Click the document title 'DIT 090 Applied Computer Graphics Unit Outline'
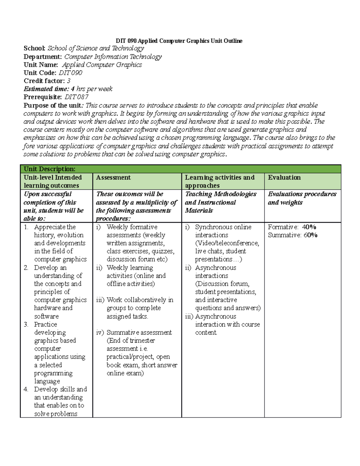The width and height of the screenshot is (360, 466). pos(179,41)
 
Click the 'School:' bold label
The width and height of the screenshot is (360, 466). pos(34,48)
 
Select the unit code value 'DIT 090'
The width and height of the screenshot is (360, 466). pos(70,73)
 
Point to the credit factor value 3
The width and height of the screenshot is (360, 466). pos(69,81)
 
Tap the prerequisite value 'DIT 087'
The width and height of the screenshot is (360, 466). pos(76,97)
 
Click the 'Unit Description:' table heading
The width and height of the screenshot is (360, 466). pos(49,169)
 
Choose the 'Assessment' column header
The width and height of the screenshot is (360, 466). pos(113,177)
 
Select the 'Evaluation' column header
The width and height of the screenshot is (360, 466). pos(284,177)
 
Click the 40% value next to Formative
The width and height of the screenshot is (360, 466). pos(309,227)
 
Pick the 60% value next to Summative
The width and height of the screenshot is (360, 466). pos(310,235)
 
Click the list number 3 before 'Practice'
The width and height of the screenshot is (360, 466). pos(26,324)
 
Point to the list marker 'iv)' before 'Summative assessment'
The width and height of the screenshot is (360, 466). pos(100,332)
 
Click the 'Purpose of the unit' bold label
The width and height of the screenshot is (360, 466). pos(52,105)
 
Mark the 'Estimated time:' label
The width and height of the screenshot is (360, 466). pos(46,89)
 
